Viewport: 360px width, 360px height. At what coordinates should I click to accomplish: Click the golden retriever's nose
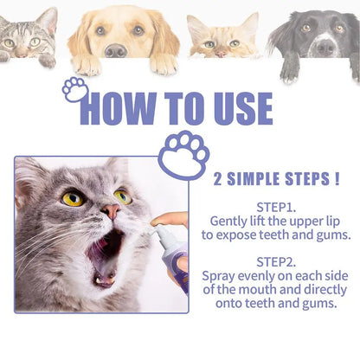(x=116, y=50)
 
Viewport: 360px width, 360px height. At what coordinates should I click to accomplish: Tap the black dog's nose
(x=325, y=47)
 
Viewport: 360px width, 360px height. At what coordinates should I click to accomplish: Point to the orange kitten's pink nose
(x=221, y=54)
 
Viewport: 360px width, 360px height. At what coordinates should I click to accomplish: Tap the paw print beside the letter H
(x=75, y=89)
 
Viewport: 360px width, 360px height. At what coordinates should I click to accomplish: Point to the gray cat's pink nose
(x=112, y=210)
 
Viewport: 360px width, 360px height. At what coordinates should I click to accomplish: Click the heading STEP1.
(x=276, y=207)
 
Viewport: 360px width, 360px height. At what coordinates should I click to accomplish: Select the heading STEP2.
(x=276, y=262)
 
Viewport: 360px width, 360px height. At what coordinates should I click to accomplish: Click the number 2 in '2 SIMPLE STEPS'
(x=217, y=179)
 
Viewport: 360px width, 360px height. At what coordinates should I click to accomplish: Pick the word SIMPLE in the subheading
(x=254, y=179)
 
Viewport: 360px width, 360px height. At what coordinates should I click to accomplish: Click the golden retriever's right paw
(x=164, y=64)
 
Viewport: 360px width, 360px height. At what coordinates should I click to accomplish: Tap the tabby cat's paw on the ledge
(x=48, y=61)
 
